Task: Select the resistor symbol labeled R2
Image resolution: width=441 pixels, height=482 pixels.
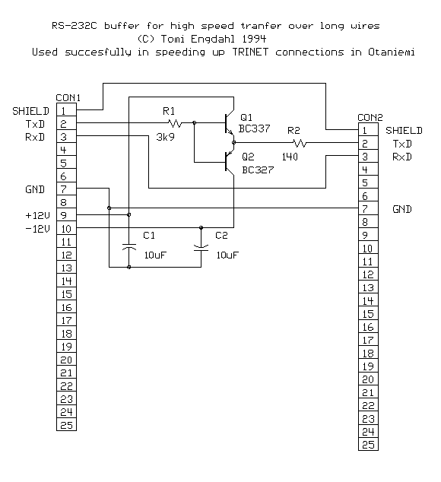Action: pos(300,142)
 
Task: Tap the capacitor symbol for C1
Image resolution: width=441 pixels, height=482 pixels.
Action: pos(129,248)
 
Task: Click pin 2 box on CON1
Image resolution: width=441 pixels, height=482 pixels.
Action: pos(66,123)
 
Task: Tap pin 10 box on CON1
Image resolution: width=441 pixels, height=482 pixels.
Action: pos(66,228)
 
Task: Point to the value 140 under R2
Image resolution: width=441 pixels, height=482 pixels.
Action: pos(290,157)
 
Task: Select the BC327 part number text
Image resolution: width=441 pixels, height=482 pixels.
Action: pos(257,170)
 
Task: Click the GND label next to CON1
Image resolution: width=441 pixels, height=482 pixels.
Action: pos(36,189)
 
